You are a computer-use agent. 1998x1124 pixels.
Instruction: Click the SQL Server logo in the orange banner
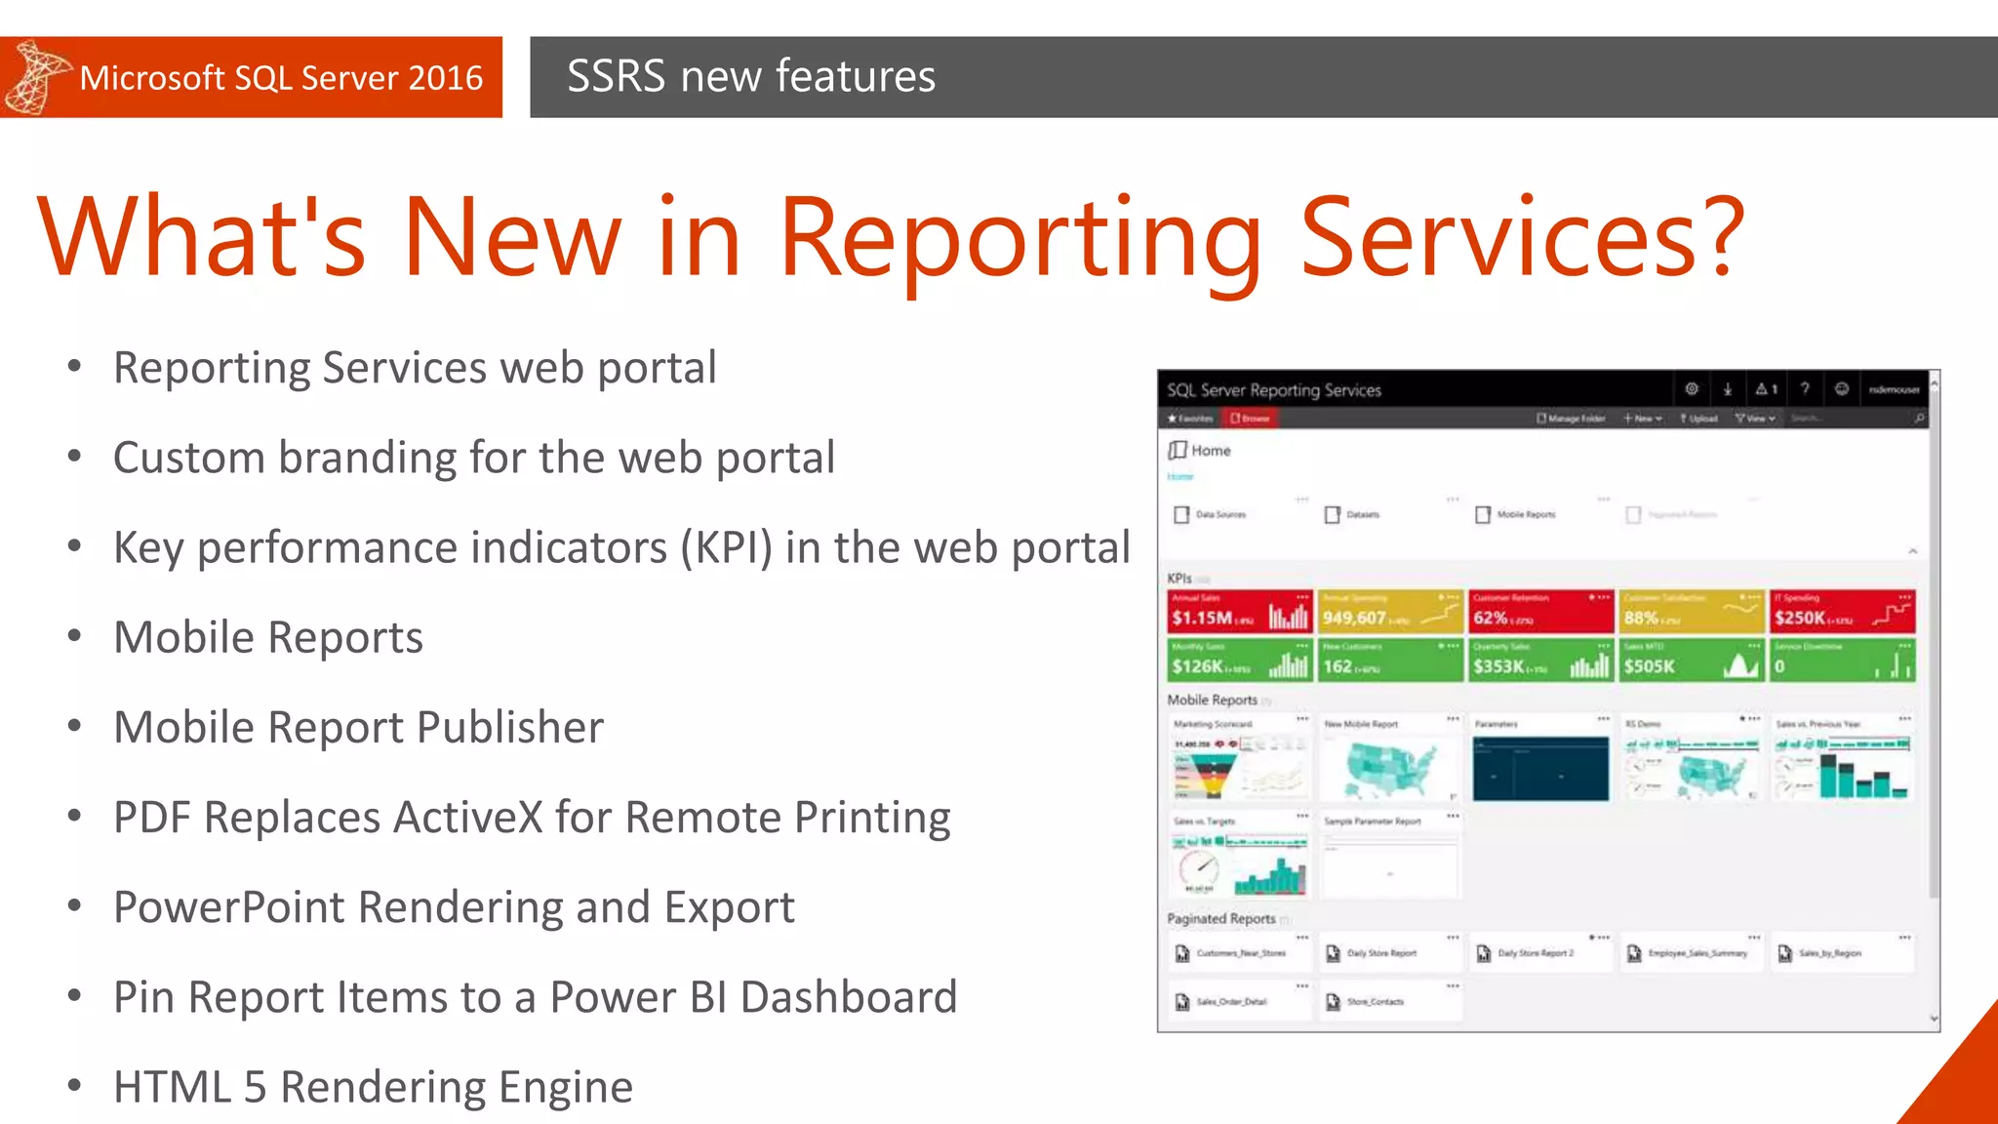[36, 77]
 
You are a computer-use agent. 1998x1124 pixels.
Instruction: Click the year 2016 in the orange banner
[445, 78]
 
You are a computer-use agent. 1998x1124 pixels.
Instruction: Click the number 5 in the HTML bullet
[255, 1087]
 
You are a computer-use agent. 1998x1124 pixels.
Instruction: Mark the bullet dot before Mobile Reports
[75, 637]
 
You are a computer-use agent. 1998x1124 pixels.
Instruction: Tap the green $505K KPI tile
[1691, 661]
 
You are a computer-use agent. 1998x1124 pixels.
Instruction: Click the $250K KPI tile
[1842, 612]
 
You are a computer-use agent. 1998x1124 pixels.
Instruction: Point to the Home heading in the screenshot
[1210, 451]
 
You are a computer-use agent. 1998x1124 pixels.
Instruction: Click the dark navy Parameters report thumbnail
[1540, 768]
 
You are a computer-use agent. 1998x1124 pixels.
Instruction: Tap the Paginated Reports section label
[1220, 919]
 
